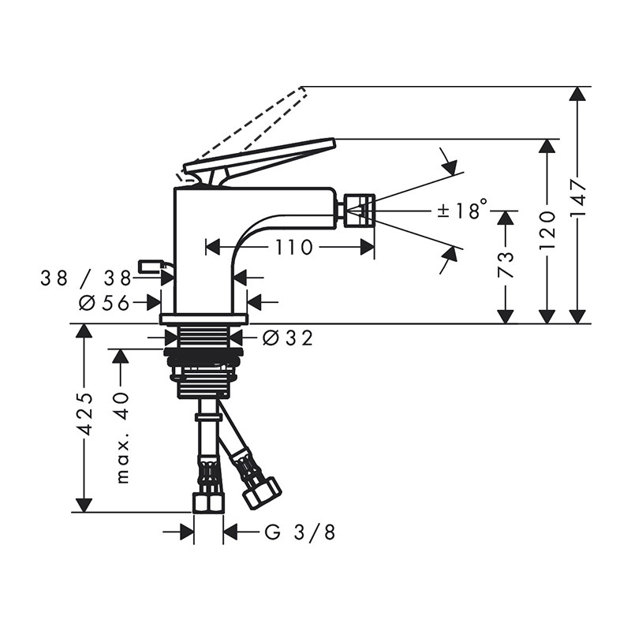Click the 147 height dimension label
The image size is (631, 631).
[x=578, y=199]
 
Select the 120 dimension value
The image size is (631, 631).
[x=547, y=230]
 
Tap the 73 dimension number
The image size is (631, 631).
[x=506, y=265]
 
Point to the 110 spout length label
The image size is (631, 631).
[x=293, y=247]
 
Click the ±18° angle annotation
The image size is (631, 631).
[x=463, y=209]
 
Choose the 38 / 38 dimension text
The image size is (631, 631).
[x=86, y=278]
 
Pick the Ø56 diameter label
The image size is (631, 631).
[x=104, y=303]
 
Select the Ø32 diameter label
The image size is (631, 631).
[x=287, y=338]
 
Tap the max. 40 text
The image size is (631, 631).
[x=122, y=438]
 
